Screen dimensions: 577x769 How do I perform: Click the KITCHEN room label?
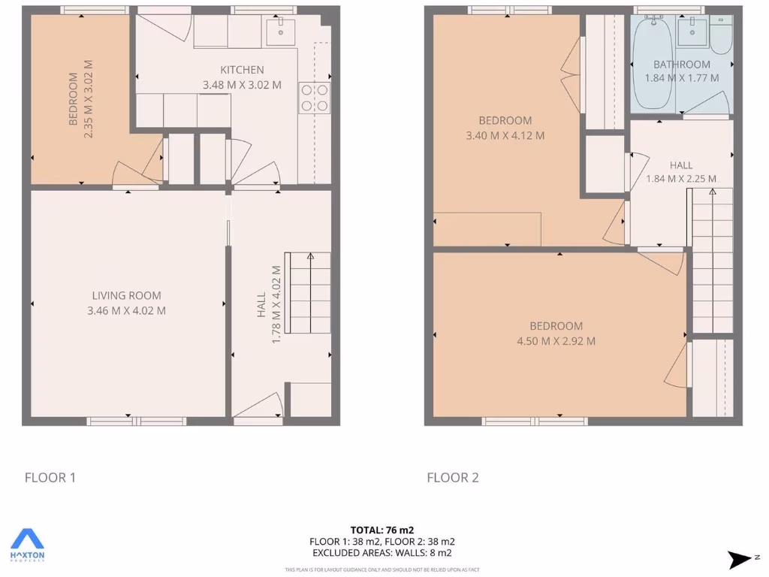(242, 70)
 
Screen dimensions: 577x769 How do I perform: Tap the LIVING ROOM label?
(126, 295)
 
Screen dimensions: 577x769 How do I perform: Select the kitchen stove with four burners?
(315, 98)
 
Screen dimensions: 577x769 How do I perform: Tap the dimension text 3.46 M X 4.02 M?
(126, 310)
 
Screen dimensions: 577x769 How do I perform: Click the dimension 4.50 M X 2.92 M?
(556, 341)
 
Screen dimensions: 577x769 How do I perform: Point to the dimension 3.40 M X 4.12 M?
(505, 136)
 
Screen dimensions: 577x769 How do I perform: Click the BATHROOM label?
(681, 64)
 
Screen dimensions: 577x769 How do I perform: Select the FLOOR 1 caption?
(50, 477)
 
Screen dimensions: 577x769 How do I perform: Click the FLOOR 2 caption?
(453, 477)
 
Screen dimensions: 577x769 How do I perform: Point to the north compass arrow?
(739, 559)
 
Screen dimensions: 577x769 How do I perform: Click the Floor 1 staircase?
(309, 293)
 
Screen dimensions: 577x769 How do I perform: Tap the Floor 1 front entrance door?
(258, 409)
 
